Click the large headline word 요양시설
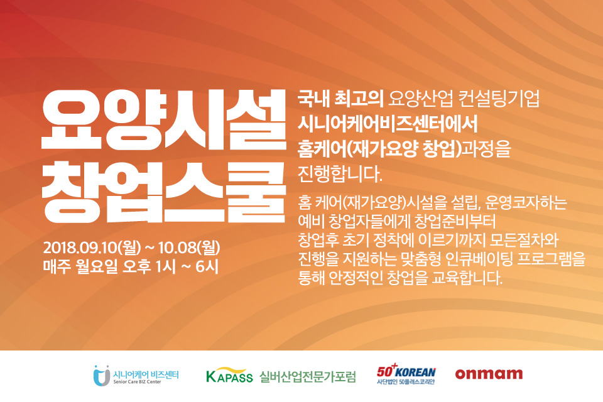(x=164, y=119)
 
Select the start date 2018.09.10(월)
(x=92, y=247)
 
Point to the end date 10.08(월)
(x=189, y=247)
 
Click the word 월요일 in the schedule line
(x=97, y=266)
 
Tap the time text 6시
(x=207, y=266)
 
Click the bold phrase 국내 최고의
(x=340, y=99)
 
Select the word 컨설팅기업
(x=499, y=99)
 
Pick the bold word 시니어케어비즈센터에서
(x=388, y=124)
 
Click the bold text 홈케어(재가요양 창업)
(x=379, y=149)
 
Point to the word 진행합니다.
(x=340, y=174)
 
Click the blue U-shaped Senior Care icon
(x=102, y=376)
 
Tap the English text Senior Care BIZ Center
(x=137, y=382)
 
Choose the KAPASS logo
(x=230, y=375)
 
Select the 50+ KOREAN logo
(x=406, y=374)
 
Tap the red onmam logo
(x=489, y=374)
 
